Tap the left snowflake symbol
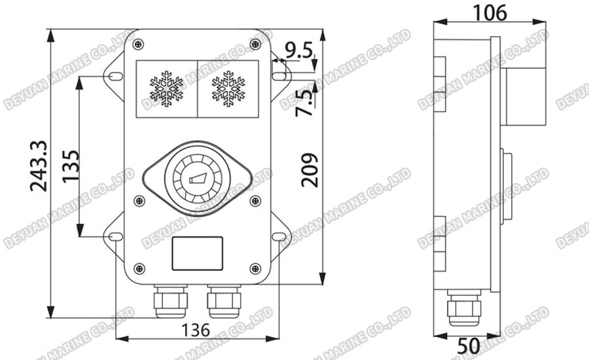pyautogui.click(x=166, y=90)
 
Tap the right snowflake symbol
pyautogui.click(x=228, y=90)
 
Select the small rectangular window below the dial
pyautogui.click(x=197, y=254)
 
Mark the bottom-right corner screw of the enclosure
pyautogui.click(x=254, y=268)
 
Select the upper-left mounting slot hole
pyautogui.click(x=113, y=76)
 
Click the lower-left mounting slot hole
pyautogui.click(x=113, y=236)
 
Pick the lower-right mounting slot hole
pyautogui.click(x=279, y=236)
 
